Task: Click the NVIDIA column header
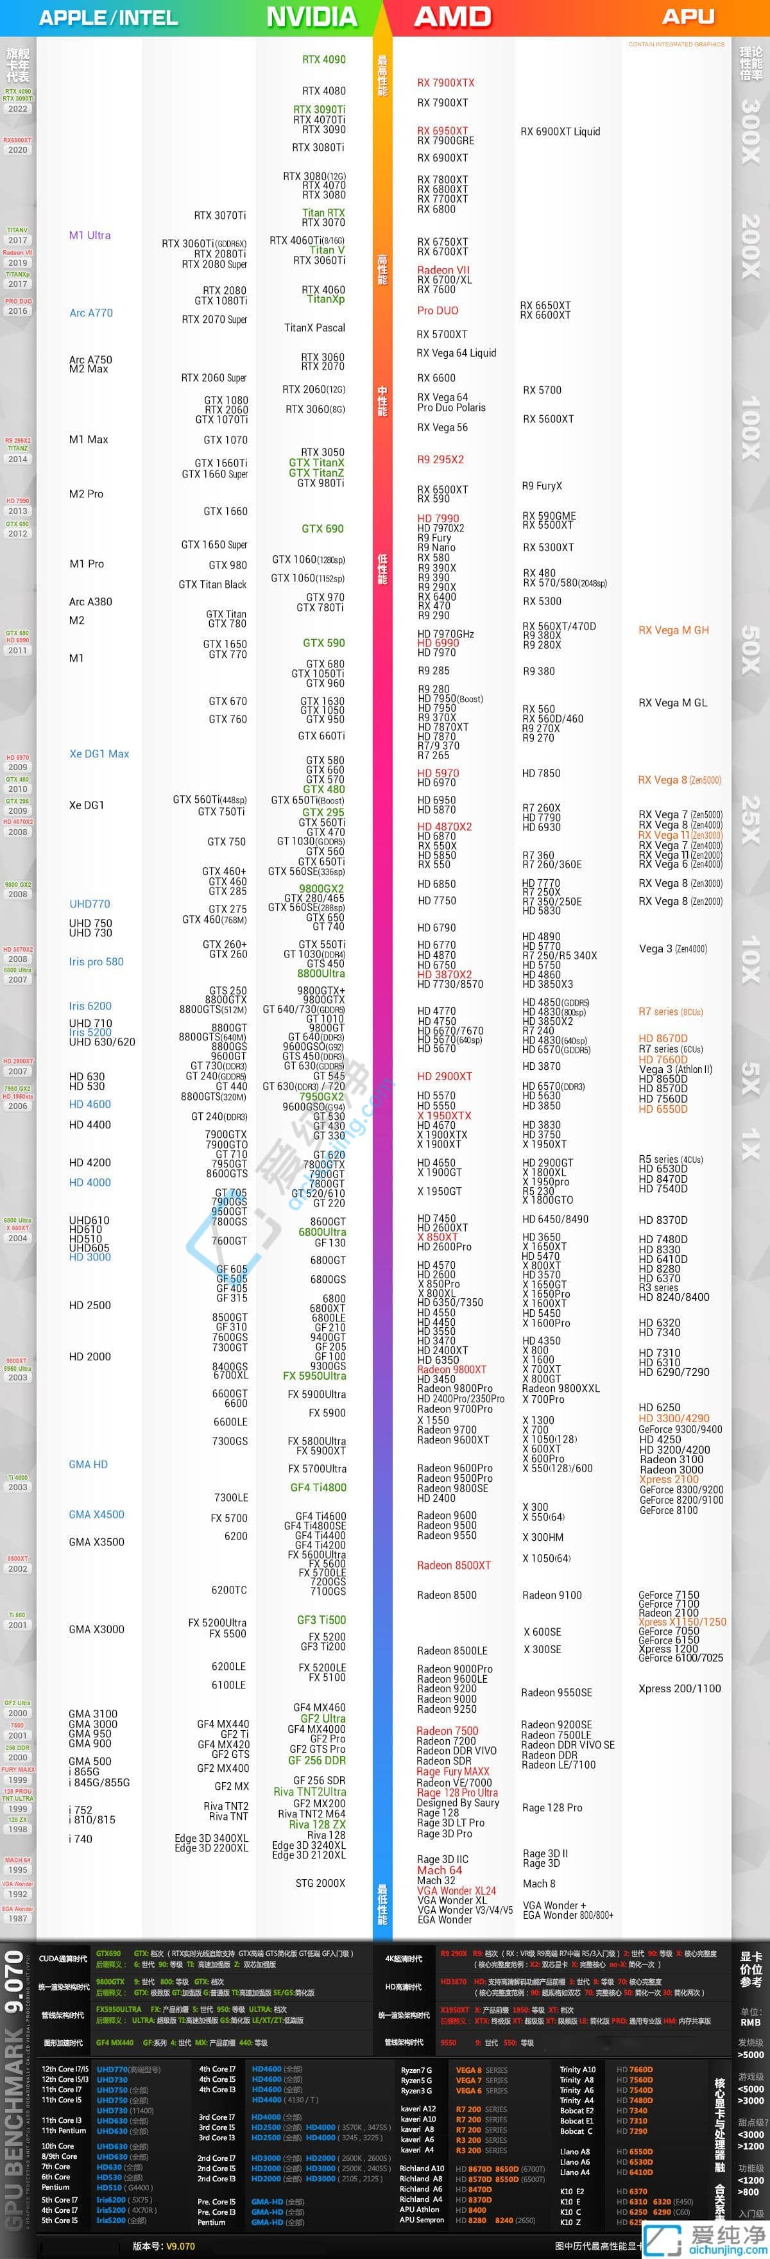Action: pyautogui.click(x=311, y=17)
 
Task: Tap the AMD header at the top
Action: pyautogui.click(x=452, y=17)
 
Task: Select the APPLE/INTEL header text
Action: pyautogui.click(x=108, y=17)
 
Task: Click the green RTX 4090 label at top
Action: pyautogui.click(x=323, y=60)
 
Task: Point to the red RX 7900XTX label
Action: pyautogui.click(x=445, y=83)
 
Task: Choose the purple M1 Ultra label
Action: pyautogui.click(x=89, y=235)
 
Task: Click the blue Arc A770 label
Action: pyautogui.click(x=91, y=313)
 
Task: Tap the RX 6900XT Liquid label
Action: pyautogui.click(x=560, y=132)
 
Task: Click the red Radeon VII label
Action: pyautogui.click(x=443, y=270)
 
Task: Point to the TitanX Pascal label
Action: pyautogui.click(x=315, y=328)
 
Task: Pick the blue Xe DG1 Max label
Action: pyautogui.click(x=99, y=754)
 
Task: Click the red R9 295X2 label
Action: pyautogui.click(x=440, y=460)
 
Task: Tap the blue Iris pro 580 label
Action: pyautogui.click(x=96, y=962)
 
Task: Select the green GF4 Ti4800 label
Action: pyautogui.click(x=318, y=1488)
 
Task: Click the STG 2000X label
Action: pyautogui.click(x=320, y=1883)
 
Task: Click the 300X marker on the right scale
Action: pyautogui.click(x=751, y=132)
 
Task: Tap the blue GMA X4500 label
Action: pyautogui.click(x=96, y=1515)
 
